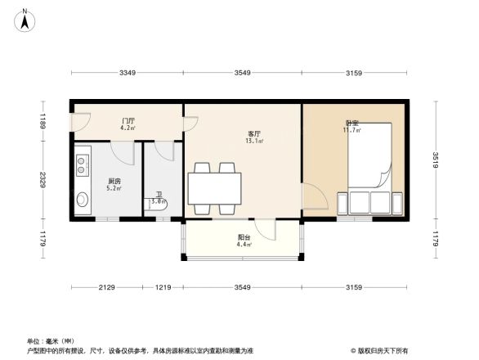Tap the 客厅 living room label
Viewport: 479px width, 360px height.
pos(254,133)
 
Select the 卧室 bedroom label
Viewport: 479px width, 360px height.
pos(352,123)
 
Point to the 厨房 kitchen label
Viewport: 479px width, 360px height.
pos(114,181)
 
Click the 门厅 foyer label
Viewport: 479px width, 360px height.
pos(128,120)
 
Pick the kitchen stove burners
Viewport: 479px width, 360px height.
pos(82,167)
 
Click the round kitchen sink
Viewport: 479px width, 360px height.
pos(83,200)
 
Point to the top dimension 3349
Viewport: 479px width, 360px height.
pos(127,74)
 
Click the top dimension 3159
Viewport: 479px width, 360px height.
pos(353,74)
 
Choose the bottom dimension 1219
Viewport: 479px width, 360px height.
pos(163,287)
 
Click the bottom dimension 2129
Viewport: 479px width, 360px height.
pos(107,287)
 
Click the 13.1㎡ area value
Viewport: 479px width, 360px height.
pos(253,141)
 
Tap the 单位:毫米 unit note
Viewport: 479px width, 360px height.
pos(51,341)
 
